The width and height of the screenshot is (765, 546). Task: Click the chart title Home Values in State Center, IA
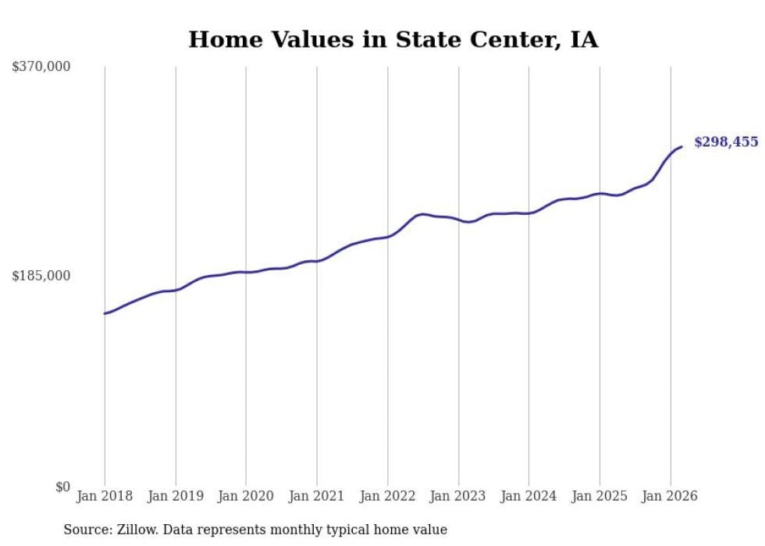pos(393,39)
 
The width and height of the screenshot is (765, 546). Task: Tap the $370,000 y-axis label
pos(41,67)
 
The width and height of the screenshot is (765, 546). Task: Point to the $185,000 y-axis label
pos(41,276)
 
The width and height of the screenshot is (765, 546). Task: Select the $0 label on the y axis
pos(62,487)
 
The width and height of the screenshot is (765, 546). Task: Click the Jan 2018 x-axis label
pos(105,496)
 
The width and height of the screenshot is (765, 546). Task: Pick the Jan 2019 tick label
pos(176,496)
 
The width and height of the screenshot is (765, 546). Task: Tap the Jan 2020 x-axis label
pos(246,496)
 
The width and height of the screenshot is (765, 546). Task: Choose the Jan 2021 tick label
pos(317,496)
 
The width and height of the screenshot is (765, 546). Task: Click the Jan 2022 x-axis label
pos(388,496)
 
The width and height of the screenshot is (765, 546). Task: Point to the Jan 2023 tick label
pos(458,496)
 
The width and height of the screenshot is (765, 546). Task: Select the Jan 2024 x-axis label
pos(529,496)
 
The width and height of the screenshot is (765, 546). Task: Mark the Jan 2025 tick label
pos(600,496)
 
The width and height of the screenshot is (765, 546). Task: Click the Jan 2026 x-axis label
pos(671,496)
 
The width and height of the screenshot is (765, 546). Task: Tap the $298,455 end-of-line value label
pos(726,142)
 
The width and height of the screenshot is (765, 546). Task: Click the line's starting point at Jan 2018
pos(105,313)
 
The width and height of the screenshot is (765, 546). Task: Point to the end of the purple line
pos(681,147)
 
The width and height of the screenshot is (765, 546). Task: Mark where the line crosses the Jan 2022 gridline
pos(388,236)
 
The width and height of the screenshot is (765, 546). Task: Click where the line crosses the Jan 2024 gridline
pos(529,212)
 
